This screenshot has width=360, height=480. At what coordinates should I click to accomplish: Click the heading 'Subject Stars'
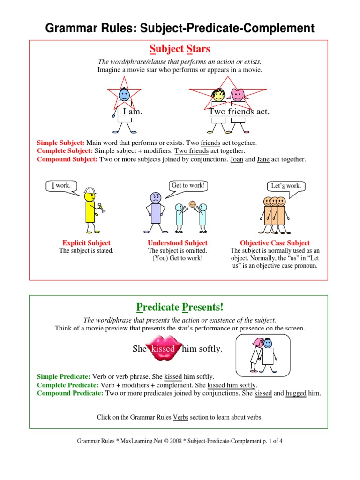coord(180,49)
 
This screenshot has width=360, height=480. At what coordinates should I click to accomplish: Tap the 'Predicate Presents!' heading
coord(180,307)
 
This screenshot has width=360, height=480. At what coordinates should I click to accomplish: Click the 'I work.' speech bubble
coord(61,186)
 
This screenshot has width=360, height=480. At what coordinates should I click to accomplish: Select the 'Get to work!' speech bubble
coord(188,186)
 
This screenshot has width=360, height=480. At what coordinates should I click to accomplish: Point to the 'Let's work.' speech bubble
coord(285,186)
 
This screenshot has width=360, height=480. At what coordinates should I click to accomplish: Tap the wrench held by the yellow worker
coord(101,207)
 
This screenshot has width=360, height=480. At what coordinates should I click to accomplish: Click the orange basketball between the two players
coord(192,204)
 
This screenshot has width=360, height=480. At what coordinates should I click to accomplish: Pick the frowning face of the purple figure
coord(155,197)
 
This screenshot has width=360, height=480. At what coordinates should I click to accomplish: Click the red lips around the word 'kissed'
coord(163,349)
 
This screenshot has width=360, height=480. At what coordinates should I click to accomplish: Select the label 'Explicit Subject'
coord(86,243)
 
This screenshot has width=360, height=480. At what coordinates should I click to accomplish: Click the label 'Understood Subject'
coord(177,243)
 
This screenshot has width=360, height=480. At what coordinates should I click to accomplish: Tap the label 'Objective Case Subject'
coord(275,243)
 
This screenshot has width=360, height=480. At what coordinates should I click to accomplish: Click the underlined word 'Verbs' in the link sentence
coord(180,417)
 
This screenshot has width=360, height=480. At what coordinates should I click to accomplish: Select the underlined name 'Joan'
coord(237,159)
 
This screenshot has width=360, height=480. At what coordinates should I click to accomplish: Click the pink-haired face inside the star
coord(238,95)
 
